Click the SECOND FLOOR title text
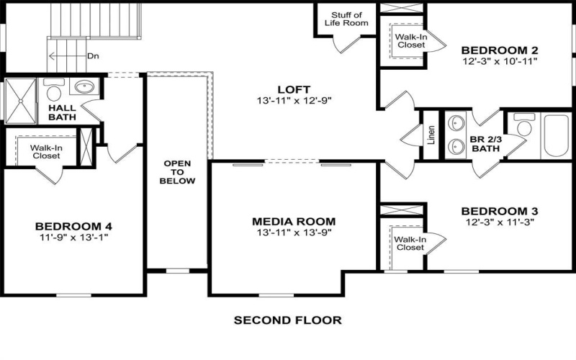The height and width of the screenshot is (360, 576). [287, 320]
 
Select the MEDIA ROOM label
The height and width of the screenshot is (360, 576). [294, 221]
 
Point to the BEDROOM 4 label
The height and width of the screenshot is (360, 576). [74, 225]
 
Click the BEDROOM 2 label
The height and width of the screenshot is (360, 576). [500, 50]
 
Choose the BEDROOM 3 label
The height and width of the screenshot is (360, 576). [500, 211]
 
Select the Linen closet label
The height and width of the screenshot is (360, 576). [431, 135]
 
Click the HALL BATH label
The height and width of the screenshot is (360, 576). [63, 112]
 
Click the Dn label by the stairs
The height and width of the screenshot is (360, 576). [93, 55]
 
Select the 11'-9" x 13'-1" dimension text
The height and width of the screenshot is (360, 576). [74, 237]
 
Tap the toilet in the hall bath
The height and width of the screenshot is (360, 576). [53, 91]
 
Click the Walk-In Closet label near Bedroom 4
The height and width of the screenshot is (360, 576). [45, 150]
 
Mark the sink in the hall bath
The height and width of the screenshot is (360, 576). [84, 88]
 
